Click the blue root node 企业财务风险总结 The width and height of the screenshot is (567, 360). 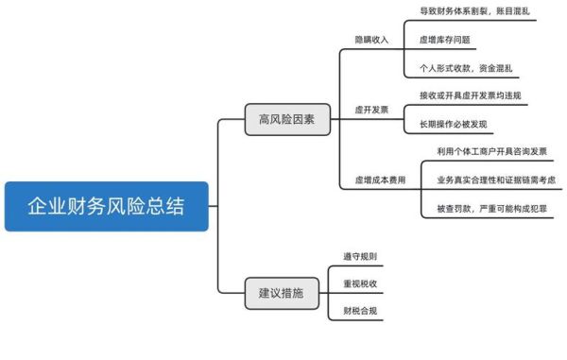tap(106, 206)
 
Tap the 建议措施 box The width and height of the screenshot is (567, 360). tap(281, 293)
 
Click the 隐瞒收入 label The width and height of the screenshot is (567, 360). tap(371, 41)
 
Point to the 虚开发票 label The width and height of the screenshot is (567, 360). tap(371, 110)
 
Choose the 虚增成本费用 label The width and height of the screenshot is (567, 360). tap(380, 180)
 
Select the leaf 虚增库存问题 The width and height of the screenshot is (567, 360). tap(444, 41)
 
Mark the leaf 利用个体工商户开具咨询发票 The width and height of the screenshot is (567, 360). tap(491, 151)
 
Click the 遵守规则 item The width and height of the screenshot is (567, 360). tap(360, 257)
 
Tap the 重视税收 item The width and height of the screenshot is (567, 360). tap(360, 283)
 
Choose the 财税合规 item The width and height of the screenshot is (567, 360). tap(360, 310)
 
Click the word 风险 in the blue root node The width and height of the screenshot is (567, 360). tap(118, 206)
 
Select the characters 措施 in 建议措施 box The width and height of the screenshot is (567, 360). tap(293, 293)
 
